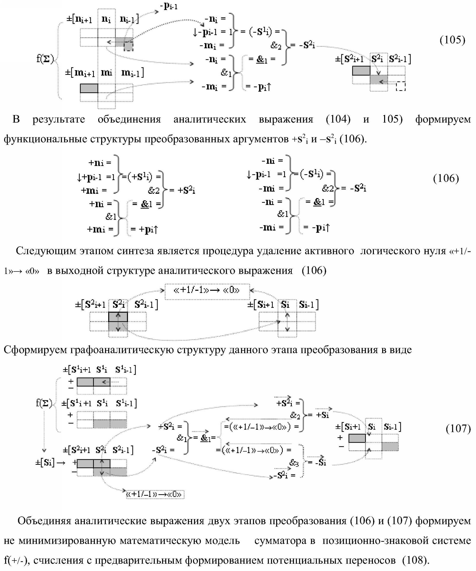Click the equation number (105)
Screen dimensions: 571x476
(x=452, y=40)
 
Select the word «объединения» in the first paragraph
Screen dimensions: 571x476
(x=129, y=119)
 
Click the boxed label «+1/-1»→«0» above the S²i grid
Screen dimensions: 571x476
(x=207, y=291)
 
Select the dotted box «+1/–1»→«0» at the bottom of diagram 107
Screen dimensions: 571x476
(x=154, y=494)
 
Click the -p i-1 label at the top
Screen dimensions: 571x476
(x=170, y=6)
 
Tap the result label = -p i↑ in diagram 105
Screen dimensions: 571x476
(x=258, y=87)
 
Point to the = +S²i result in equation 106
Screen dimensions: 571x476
(x=183, y=190)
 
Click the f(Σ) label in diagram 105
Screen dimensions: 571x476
(x=45, y=59)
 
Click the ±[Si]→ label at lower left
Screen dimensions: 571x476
(x=51, y=463)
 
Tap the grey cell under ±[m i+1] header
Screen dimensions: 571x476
(x=89, y=88)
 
